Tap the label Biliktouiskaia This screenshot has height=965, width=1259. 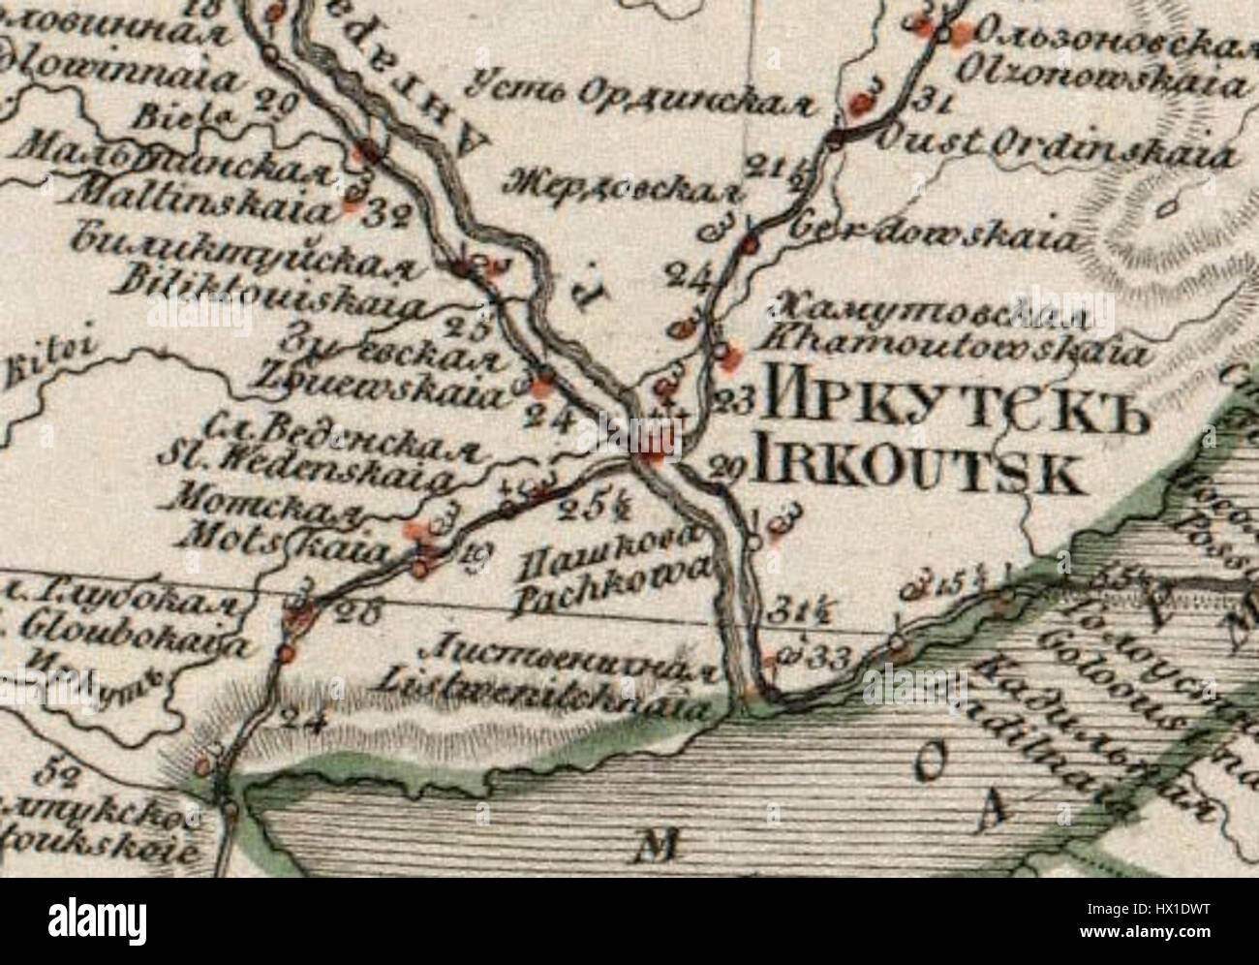pyautogui.click(x=270, y=290)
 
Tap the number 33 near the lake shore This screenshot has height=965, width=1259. pyautogui.click(x=831, y=658)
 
